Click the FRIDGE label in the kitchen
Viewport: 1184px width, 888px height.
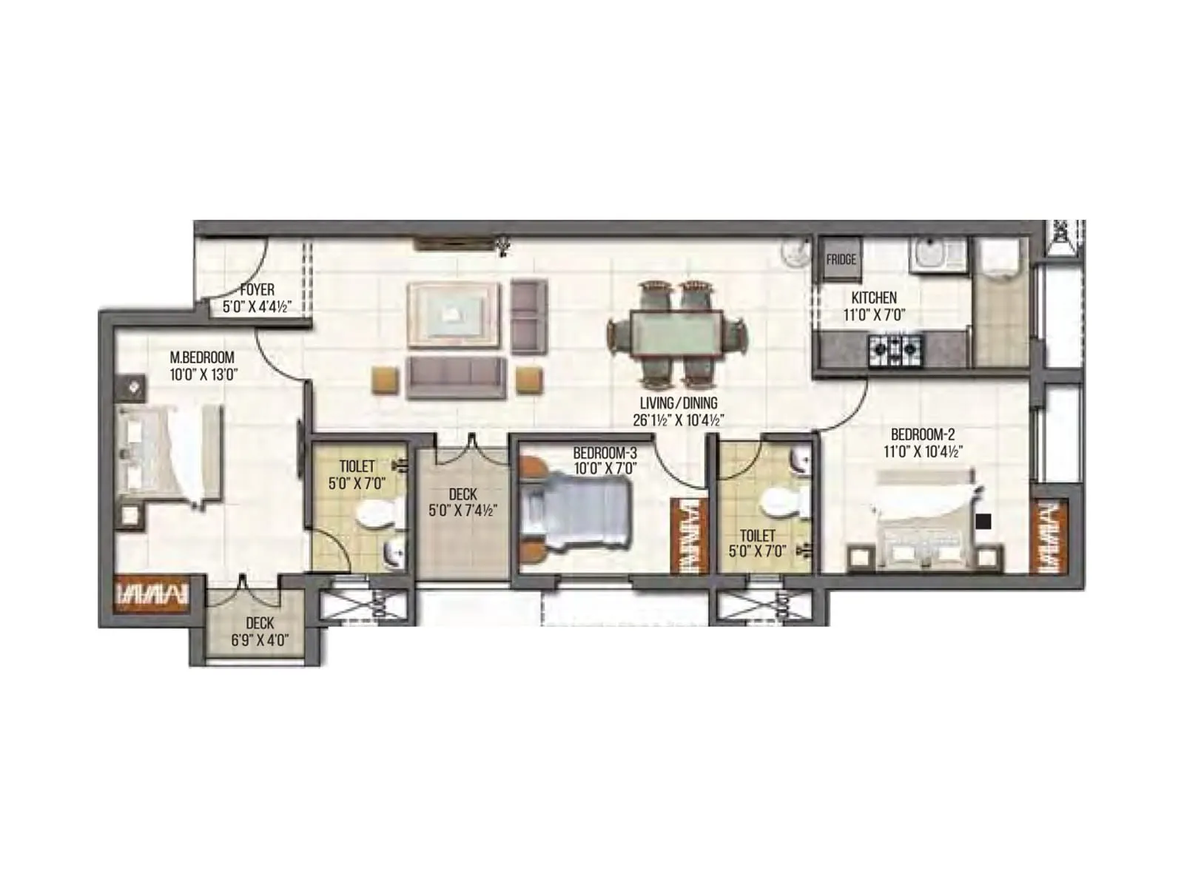(841, 260)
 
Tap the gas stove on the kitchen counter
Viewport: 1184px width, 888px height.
(896, 345)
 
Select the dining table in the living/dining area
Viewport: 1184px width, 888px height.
(676, 334)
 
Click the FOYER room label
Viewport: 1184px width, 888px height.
(257, 289)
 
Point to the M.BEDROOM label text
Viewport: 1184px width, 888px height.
(202, 357)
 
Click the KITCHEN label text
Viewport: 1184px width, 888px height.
(874, 297)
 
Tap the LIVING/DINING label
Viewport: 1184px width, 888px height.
(679, 403)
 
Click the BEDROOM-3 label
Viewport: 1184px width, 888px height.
(605, 452)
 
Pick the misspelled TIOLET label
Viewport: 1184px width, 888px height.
(357, 467)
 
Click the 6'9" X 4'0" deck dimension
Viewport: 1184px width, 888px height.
(259, 641)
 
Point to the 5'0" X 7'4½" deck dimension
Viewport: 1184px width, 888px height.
(462, 511)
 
